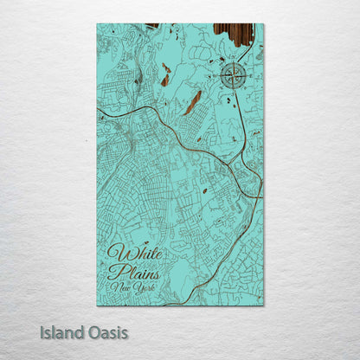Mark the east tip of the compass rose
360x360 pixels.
pos(247,75)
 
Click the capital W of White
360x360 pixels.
pos(116,254)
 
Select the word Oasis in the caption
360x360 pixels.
pos(108,332)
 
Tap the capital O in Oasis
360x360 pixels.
pos(93,332)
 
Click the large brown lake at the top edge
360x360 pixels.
pos(234,33)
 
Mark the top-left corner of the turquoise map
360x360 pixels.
pos(97,24)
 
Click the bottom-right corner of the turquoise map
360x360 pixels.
pos(263,305)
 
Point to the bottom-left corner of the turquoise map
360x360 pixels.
pos(97,305)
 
